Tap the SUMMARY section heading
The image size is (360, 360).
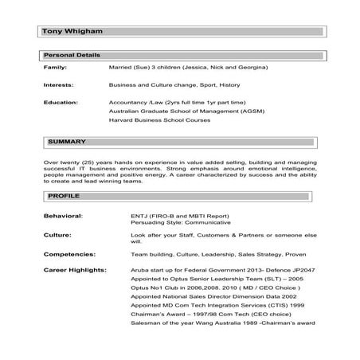tap(66, 142)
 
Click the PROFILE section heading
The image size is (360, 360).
tap(63, 195)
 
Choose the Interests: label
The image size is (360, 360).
tap(58, 85)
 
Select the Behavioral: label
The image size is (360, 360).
tap(63, 215)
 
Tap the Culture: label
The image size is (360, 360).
tap(58, 236)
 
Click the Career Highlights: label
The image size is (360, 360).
tap(74, 271)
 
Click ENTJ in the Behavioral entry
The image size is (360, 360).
tap(139, 215)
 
